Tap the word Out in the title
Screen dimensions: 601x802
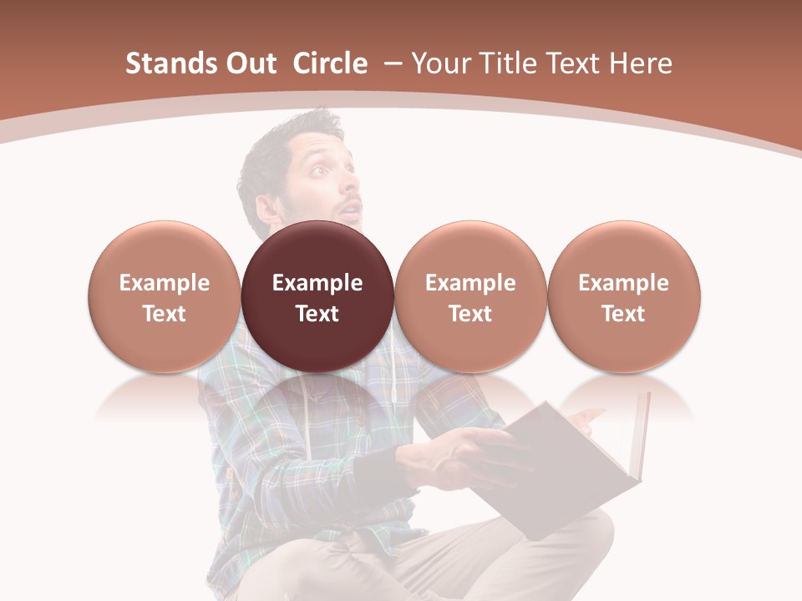(249, 63)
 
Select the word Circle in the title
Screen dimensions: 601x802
(330, 63)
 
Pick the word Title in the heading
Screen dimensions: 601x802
(509, 63)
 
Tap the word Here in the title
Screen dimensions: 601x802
(642, 63)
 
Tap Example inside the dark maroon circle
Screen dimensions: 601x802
(317, 283)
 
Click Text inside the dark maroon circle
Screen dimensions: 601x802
(317, 314)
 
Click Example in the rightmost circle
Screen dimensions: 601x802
(623, 283)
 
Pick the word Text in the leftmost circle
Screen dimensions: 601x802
(164, 314)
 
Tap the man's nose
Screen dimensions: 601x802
(349, 187)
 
